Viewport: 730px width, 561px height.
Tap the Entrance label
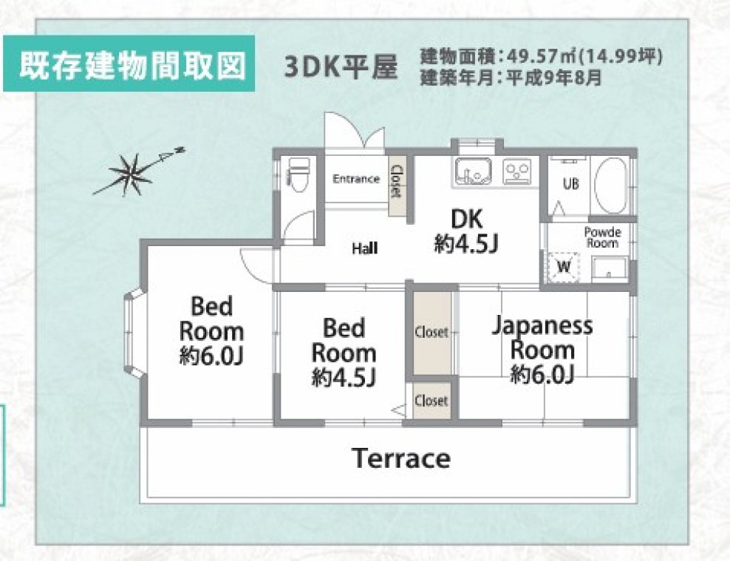point(355,179)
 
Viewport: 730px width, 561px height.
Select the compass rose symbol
point(131,173)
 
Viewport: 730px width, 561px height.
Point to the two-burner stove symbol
point(518,171)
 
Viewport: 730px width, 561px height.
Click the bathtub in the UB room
point(610,185)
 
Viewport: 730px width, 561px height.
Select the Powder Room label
point(602,237)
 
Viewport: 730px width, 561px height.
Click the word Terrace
point(401,458)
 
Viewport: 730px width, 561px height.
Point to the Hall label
point(364,249)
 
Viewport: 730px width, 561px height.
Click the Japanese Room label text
point(543,337)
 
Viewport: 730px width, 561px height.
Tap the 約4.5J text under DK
point(465,244)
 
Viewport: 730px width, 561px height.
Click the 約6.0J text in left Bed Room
point(211,356)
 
